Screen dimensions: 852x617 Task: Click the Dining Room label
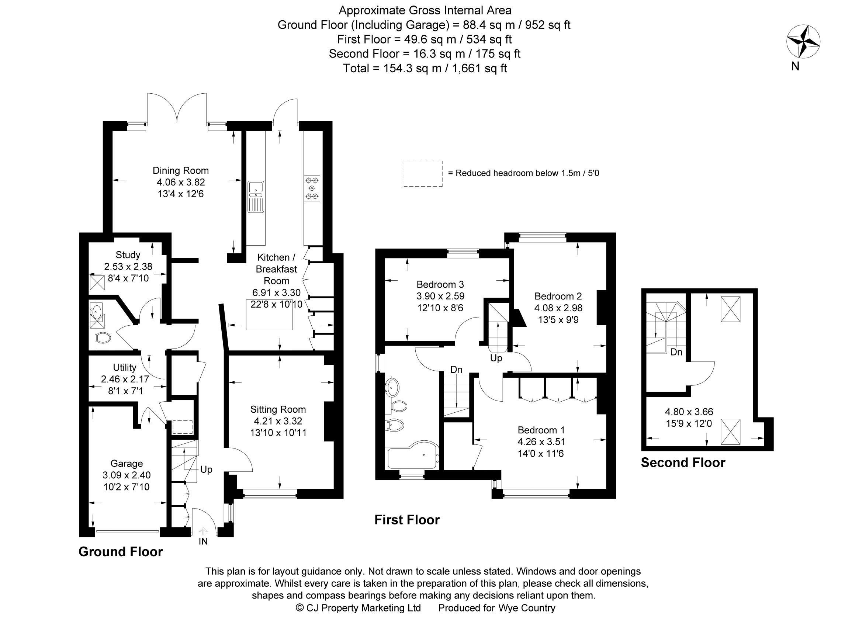pyautogui.click(x=180, y=170)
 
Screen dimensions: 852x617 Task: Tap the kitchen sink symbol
pyautogui.click(x=256, y=197)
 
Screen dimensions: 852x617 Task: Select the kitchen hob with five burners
pyautogui.click(x=312, y=188)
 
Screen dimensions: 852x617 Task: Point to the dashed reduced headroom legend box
pyautogui.click(x=423, y=173)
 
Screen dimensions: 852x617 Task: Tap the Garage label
pyautogui.click(x=127, y=464)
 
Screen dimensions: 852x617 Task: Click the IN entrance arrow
pyautogui.click(x=203, y=531)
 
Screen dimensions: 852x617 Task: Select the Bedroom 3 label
pyautogui.click(x=440, y=284)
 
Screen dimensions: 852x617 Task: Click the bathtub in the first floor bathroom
pyautogui.click(x=412, y=457)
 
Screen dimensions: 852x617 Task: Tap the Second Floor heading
pyautogui.click(x=683, y=462)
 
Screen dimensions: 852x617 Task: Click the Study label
pyautogui.click(x=128, y=255)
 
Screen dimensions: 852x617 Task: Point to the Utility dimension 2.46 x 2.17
pyautogui.click(x=125, y=379)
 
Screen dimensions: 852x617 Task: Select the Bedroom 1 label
pyautogui.click(x=541, y=430)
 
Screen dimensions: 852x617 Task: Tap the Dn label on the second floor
pyautogui.click(x=676, y=352)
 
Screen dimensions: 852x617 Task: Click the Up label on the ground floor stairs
pyautogui.click(x=206, y=469)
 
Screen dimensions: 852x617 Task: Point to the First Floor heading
pyautogui.click(x=407, y=520)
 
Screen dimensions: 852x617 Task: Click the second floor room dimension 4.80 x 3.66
pyautogui.click(x=689, y=412)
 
